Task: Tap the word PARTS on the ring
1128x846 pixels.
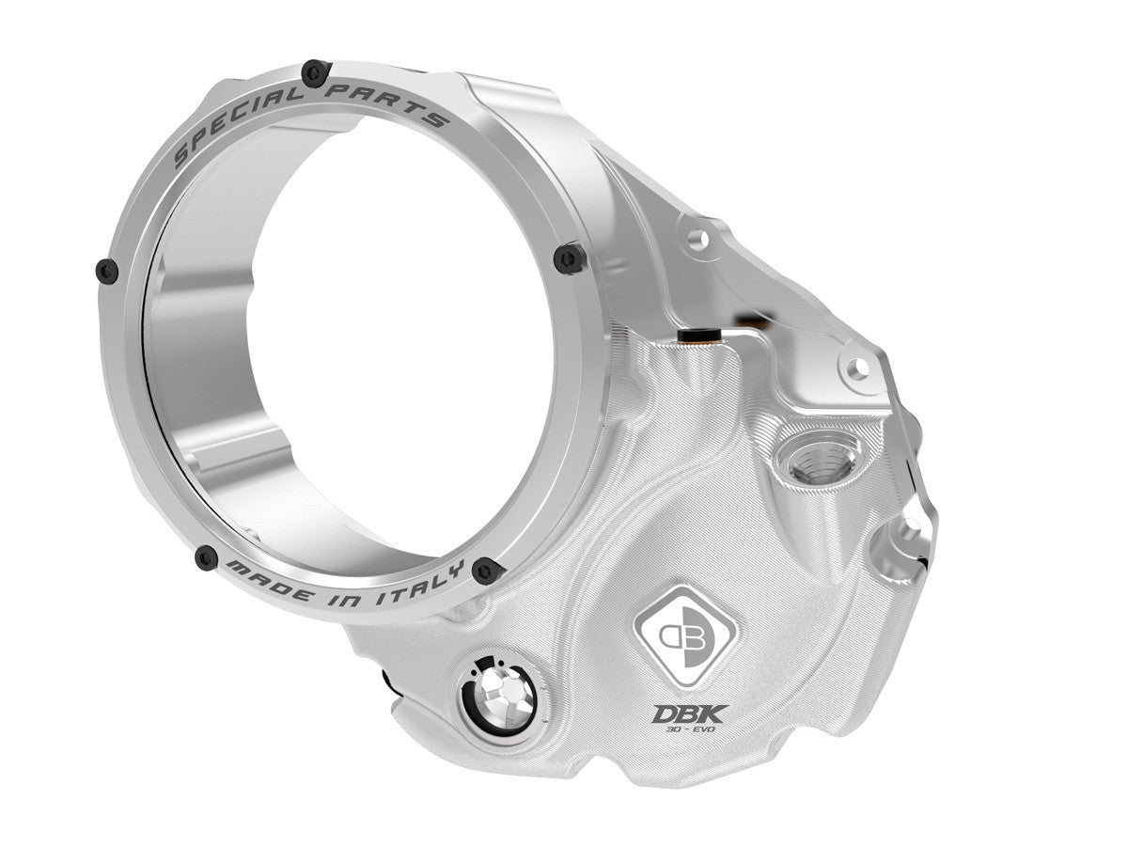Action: (x=391, y=102)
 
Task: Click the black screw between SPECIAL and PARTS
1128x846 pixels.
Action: (x=316, y=70)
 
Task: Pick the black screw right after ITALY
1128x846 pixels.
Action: (x=486, y=570)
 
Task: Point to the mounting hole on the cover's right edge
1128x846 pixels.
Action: (x=906, y=537)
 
